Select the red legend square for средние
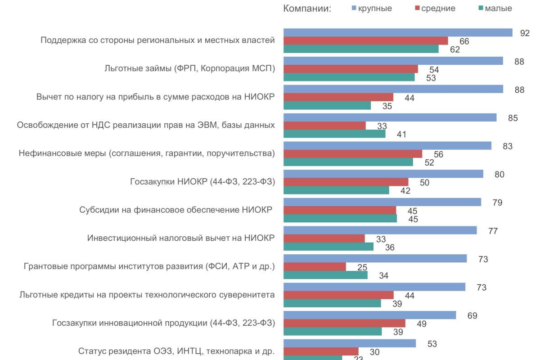click(x=417, y=9)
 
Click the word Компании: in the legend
click(x=307, y=9)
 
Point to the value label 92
click(x=525, y=33)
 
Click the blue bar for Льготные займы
click(x=393, y=61)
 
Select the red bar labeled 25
click(x=315, y=267)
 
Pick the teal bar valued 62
click(x=361, y=49)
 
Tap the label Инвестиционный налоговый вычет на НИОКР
click(x=181, y=238)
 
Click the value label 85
click(x=513, y=118)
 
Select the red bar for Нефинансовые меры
click(x=353, y=154)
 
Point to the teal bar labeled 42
click(x=336, y=190)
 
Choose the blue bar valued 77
click(x=380, y=230)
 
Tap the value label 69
click(x=472, y=315)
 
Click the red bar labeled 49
click(x=344, y=324)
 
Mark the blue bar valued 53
click(x=349, y=344)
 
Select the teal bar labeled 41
click(x=334, y=134)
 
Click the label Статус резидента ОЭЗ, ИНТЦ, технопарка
click(x=176, y=351)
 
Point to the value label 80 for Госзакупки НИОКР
click(x=499, y=175)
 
